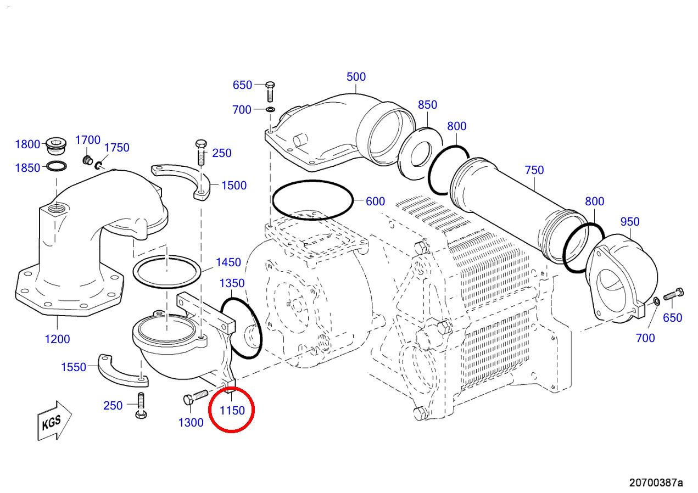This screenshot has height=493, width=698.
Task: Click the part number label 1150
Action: point(232,411)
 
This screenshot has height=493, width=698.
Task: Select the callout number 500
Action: point(356,77)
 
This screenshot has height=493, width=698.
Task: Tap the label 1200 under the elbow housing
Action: point(57,339)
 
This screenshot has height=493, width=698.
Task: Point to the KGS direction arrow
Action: point(54,421)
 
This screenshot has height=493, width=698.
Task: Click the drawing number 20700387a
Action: point(656,483)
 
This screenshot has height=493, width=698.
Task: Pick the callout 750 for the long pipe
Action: point(534,170)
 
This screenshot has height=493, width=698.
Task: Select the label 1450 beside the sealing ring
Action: point(228,262)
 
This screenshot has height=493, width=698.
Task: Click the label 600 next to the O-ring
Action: point(375,201)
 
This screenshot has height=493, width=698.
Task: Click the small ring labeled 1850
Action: point(57,166)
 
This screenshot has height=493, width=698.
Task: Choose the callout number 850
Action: point(427,105)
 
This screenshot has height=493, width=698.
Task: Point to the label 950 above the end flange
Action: point(630,222)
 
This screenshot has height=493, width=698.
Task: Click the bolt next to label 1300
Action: point(196,397)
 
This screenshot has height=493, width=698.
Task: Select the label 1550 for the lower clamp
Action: point(74,367)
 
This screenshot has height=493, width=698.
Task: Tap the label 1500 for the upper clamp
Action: point(234,186)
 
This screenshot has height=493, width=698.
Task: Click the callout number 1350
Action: point(232,283)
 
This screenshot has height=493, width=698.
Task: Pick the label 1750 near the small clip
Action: point(116,148)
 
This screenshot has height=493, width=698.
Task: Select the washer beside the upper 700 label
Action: point(271,110)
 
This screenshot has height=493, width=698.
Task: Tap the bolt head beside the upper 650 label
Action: point(270,85)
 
